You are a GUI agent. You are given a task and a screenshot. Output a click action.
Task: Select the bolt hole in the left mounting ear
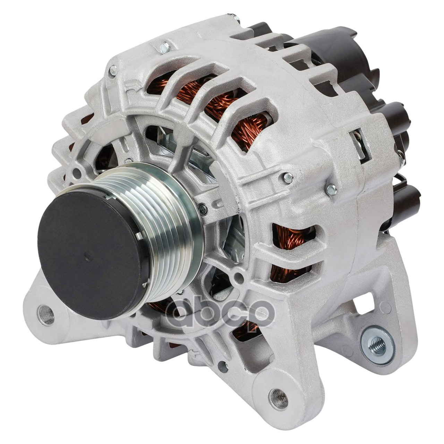[x=46, y=315]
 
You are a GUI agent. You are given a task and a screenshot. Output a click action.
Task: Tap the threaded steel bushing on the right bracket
[x=378, y=343]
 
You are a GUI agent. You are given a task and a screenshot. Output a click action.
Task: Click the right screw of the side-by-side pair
[x=332, y=189]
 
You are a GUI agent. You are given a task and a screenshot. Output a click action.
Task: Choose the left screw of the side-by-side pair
[x=288, y=178]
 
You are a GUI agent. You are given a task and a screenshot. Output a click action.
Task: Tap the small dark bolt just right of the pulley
[x=203, y=208]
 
